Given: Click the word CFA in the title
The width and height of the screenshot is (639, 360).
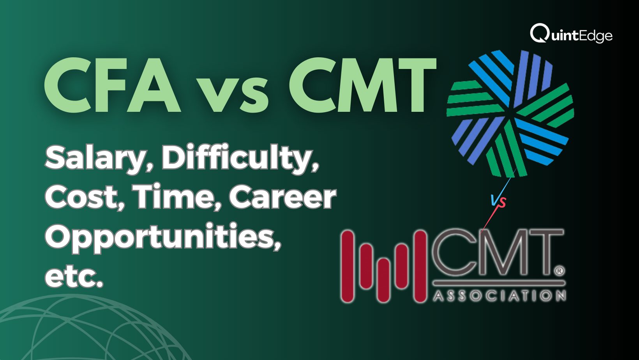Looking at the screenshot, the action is [113, 85].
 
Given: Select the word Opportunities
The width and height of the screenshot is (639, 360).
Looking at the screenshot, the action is [163, 238].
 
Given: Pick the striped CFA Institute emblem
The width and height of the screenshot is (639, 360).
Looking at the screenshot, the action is [510, 113].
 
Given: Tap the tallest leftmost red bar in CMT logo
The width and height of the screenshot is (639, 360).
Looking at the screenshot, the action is [348, 266].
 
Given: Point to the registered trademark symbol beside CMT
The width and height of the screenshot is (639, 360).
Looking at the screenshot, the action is [560, 271].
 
